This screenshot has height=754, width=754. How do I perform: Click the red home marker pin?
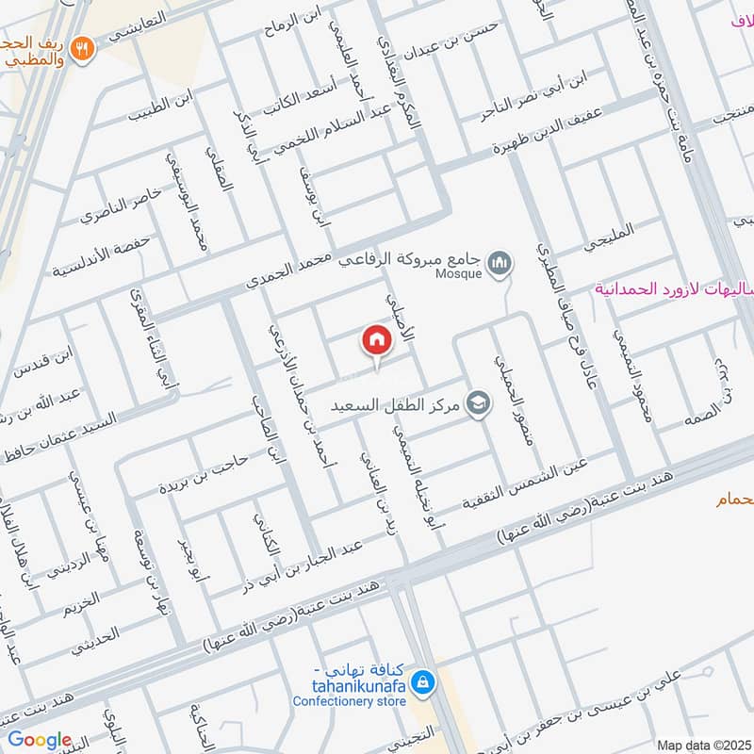(376, 340)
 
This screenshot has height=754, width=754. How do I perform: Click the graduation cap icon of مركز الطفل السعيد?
(480, 402)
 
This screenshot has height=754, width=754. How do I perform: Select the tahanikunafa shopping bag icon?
(423, 680)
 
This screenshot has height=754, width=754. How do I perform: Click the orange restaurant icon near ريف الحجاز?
(83, 45)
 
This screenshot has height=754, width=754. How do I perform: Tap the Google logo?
(40, 739)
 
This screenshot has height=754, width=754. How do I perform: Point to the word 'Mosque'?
(460, 274)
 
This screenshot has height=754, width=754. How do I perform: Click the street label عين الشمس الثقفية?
(524, 483)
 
